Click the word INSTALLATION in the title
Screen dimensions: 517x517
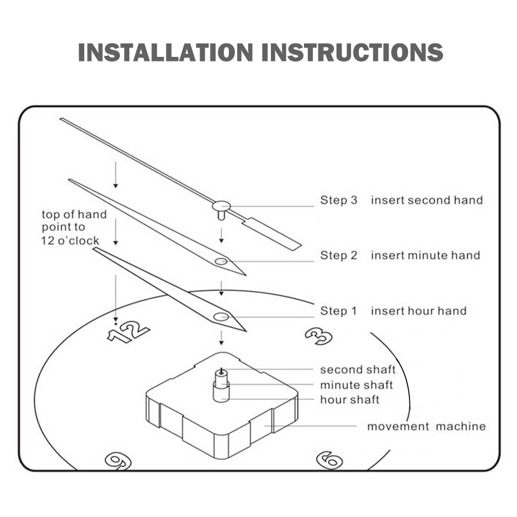point(165,53)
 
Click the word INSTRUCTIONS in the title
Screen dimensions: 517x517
point(353,53)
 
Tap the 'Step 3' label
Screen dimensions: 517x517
point(339,200)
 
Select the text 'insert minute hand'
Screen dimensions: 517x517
point(425,255)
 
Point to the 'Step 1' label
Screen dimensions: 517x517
point(339,311)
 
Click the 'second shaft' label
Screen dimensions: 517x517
point(357,370)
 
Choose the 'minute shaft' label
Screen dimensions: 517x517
point(356,385)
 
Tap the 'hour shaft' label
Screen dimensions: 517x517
point(349,400)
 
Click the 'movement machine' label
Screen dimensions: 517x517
point(426,427)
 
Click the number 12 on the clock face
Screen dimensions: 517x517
point(128,332)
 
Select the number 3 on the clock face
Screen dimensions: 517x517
point(318,336)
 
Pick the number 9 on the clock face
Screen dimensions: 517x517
point(118,461)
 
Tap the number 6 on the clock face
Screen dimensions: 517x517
point(329,460)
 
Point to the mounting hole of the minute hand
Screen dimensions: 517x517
point(221,262)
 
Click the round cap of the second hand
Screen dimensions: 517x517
point(220,206)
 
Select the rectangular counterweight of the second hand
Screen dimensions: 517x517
point(271,234)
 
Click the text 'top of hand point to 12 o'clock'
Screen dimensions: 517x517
point(74,227)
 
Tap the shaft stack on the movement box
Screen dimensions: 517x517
point(221,385)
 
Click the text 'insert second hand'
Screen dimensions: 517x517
point(427,200)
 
